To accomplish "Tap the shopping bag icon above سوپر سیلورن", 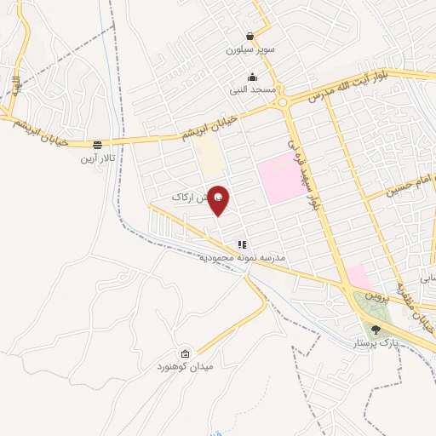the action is (x=249, y=37).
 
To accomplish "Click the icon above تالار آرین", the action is (x=98, y=145).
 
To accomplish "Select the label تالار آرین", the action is (x=97, y=158).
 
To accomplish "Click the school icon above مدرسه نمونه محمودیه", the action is (x=241, y=244).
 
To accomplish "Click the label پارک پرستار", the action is (x=376, y=344).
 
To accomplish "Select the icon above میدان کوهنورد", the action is (x=185, y=353).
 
